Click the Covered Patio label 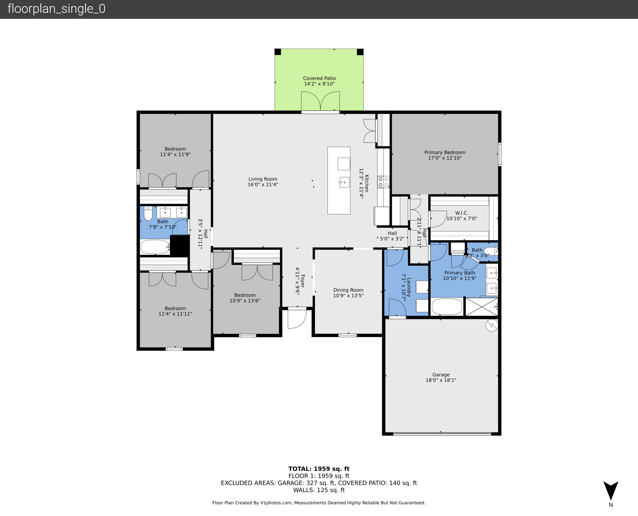coord(319,78)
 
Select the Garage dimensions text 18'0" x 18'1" coord(441,380)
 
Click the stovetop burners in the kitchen coord(383,182)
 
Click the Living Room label coord(263,179)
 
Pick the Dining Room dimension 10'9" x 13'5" coord(348,296)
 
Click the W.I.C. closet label coord(461,213)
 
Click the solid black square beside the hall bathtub coord(180,245)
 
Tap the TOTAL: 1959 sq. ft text coord(319,469)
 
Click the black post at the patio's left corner coord(278,52)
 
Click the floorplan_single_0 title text coord(56,9)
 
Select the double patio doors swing coord(320,101)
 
